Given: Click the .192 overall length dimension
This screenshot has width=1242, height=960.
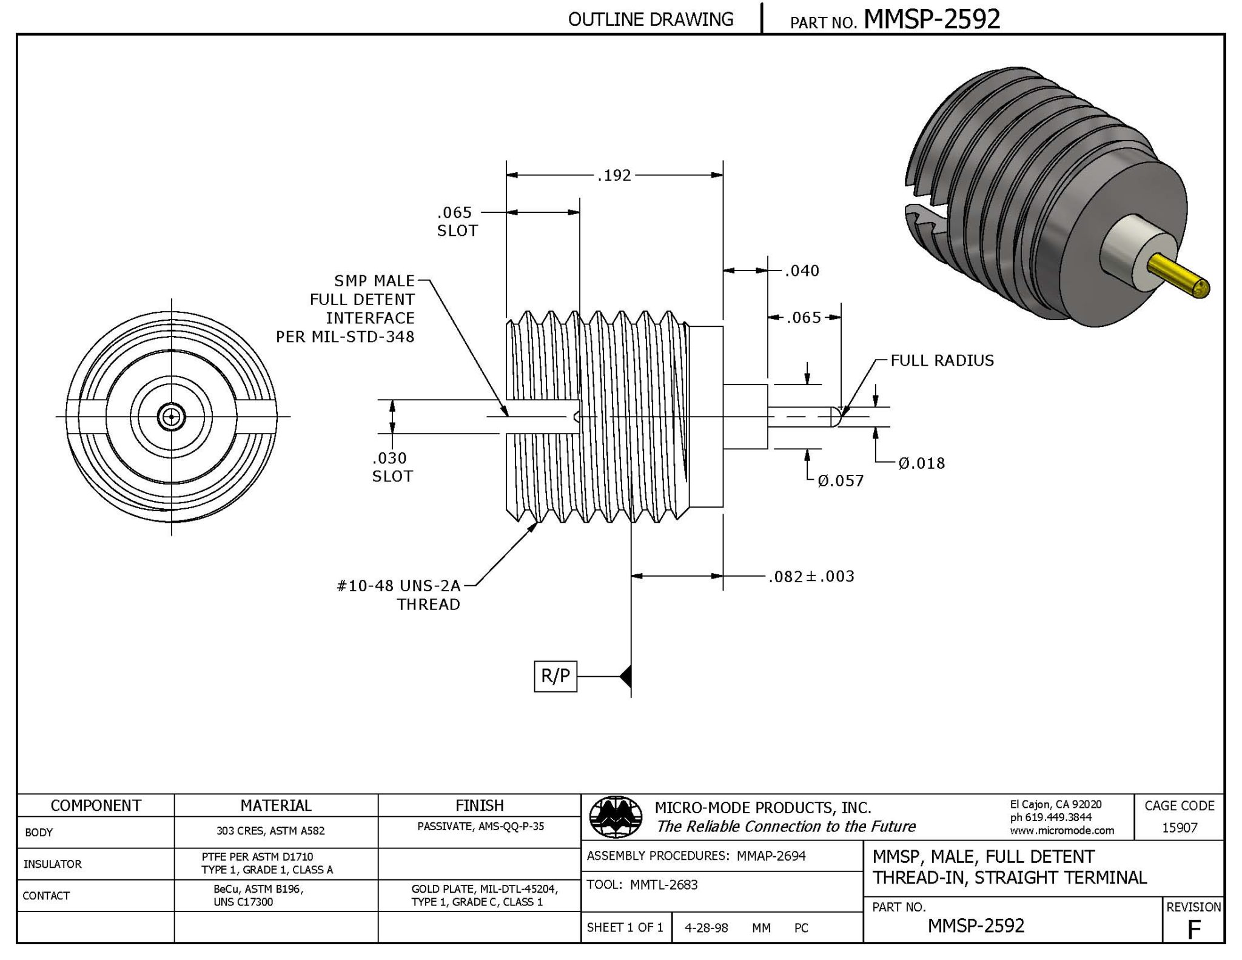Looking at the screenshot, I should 614,175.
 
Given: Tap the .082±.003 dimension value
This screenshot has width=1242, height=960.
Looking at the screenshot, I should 811,576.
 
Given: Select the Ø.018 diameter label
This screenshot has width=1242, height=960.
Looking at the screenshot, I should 921,463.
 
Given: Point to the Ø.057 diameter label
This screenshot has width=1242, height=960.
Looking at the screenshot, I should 840,481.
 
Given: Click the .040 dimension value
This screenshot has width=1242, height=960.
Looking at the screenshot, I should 802,270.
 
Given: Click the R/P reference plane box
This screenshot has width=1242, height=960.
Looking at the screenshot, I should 555,676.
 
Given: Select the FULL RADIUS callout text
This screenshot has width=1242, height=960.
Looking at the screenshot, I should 942,360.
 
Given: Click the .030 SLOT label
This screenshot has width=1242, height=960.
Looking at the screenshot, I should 392,466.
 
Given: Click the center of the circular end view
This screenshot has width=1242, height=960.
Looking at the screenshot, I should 172,417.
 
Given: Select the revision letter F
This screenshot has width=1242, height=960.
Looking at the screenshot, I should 1193,929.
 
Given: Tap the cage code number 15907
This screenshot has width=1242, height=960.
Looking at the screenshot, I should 1179,827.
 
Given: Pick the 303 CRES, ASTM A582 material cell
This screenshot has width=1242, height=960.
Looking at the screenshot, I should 270,831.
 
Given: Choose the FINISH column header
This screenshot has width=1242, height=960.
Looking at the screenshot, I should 479,805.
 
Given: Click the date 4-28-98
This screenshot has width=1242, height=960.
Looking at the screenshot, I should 706,928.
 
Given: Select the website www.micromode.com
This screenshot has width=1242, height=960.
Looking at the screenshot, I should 1061,830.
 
